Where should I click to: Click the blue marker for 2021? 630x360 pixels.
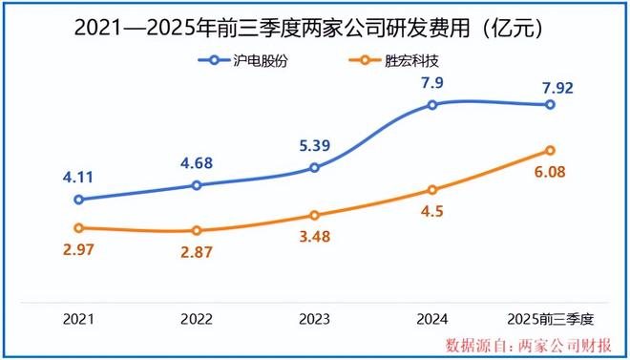tap(79, 200)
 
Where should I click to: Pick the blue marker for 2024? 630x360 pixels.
tap(432, 104)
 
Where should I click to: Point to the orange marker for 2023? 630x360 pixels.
tap(314, 215)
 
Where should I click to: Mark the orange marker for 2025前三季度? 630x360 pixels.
tap(551, 150)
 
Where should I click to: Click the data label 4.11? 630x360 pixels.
tap(79, 177)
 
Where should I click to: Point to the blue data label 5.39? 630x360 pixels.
tap(314, 145)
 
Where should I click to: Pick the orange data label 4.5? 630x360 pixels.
tap(432, 213)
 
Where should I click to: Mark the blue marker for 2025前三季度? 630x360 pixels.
tap(551, 105)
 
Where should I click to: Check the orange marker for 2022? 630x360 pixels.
tap(197, 231)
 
